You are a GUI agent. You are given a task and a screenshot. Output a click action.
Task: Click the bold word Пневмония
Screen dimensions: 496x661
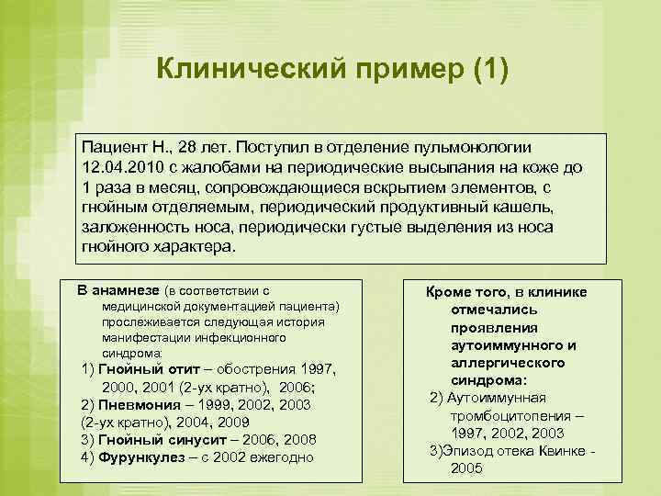coord(135,405)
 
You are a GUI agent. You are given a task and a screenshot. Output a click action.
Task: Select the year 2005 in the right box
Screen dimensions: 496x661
coord(466,468)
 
